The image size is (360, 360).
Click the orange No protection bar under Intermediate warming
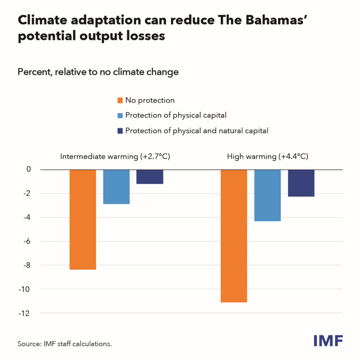(x=83, y=219)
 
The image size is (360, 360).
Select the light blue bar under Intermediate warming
(x=116, y=187)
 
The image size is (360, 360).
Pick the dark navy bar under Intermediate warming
(x=150, y=176)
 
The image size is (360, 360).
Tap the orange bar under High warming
(x=234, y=236)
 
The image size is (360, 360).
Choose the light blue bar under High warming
(x=268, y=195)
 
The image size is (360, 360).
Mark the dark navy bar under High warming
(x=301, y=183)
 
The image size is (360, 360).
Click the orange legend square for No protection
(x=120, y=100)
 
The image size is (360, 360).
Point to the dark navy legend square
(x=120, y=131)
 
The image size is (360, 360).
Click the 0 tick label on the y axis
(x=28, y=169)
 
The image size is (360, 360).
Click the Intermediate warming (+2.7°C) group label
(x=115, y=156)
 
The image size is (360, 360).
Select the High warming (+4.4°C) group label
(x=268, y=156)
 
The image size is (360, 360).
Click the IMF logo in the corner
(x=328, y=340)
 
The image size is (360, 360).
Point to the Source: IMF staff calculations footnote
(x=65, y=343)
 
